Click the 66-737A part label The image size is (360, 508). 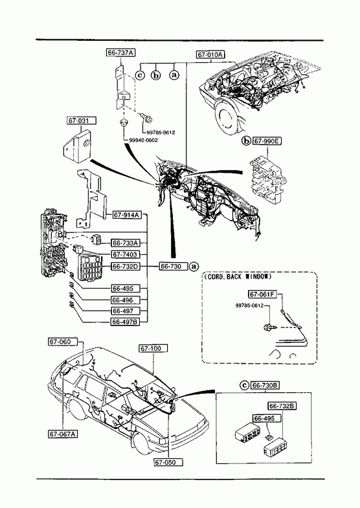tap(120, 52)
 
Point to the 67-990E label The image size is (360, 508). tap(267, 141)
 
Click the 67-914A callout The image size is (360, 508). tap(128, 215)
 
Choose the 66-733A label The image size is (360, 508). tap(125, 243)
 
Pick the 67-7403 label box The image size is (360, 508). tap(125, 255)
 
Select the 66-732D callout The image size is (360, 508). tap(125, 267)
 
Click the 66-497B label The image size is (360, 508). tap(125, 322)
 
